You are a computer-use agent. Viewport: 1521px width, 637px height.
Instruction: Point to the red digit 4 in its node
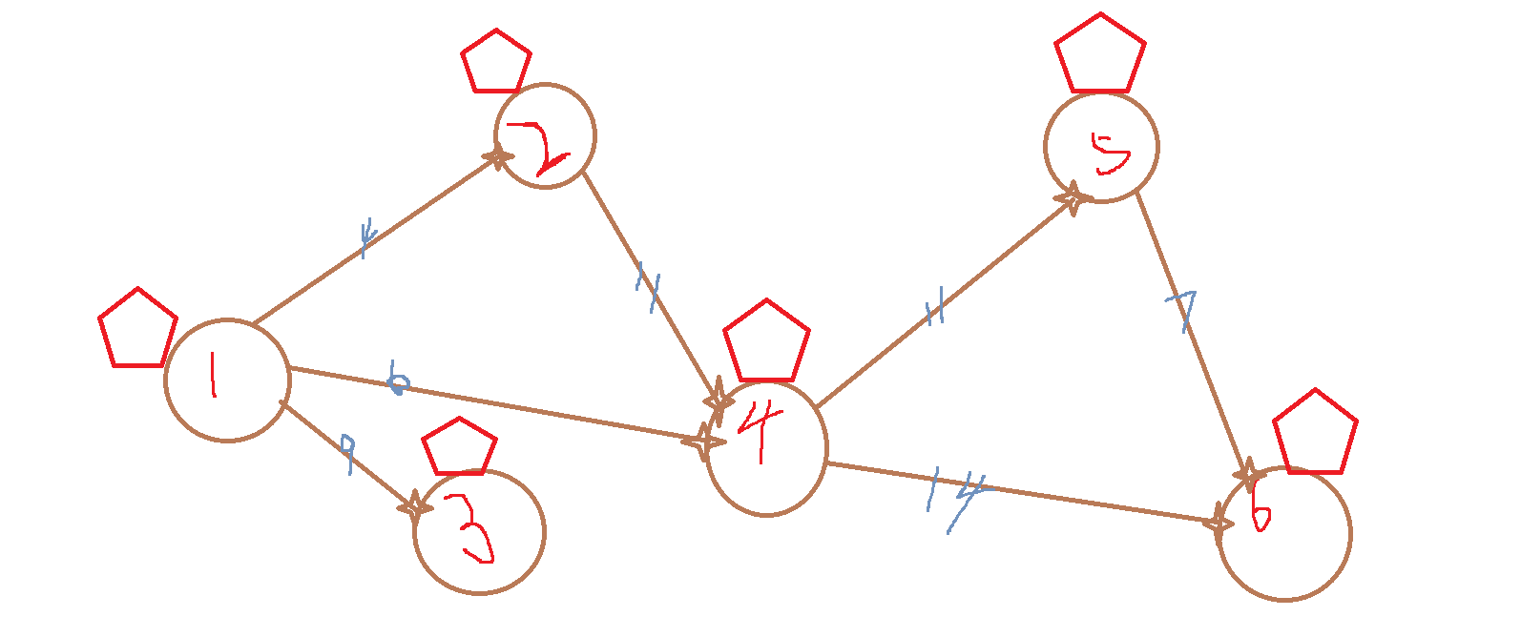[760, 428]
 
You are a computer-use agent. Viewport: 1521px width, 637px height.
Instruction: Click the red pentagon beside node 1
[137, 330]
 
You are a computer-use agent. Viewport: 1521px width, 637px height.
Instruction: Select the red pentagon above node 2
[496, 63]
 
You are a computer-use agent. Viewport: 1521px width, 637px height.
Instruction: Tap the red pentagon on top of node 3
[459, 448]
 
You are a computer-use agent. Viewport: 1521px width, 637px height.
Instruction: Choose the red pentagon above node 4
[767, 342]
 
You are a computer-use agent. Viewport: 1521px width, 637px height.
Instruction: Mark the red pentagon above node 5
[1100, 55]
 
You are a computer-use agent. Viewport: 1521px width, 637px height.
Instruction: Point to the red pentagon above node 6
[1315, 434]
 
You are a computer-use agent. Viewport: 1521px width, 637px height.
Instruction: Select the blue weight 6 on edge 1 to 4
[398, 380]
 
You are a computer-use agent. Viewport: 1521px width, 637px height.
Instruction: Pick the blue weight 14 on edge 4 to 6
[957, 497]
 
